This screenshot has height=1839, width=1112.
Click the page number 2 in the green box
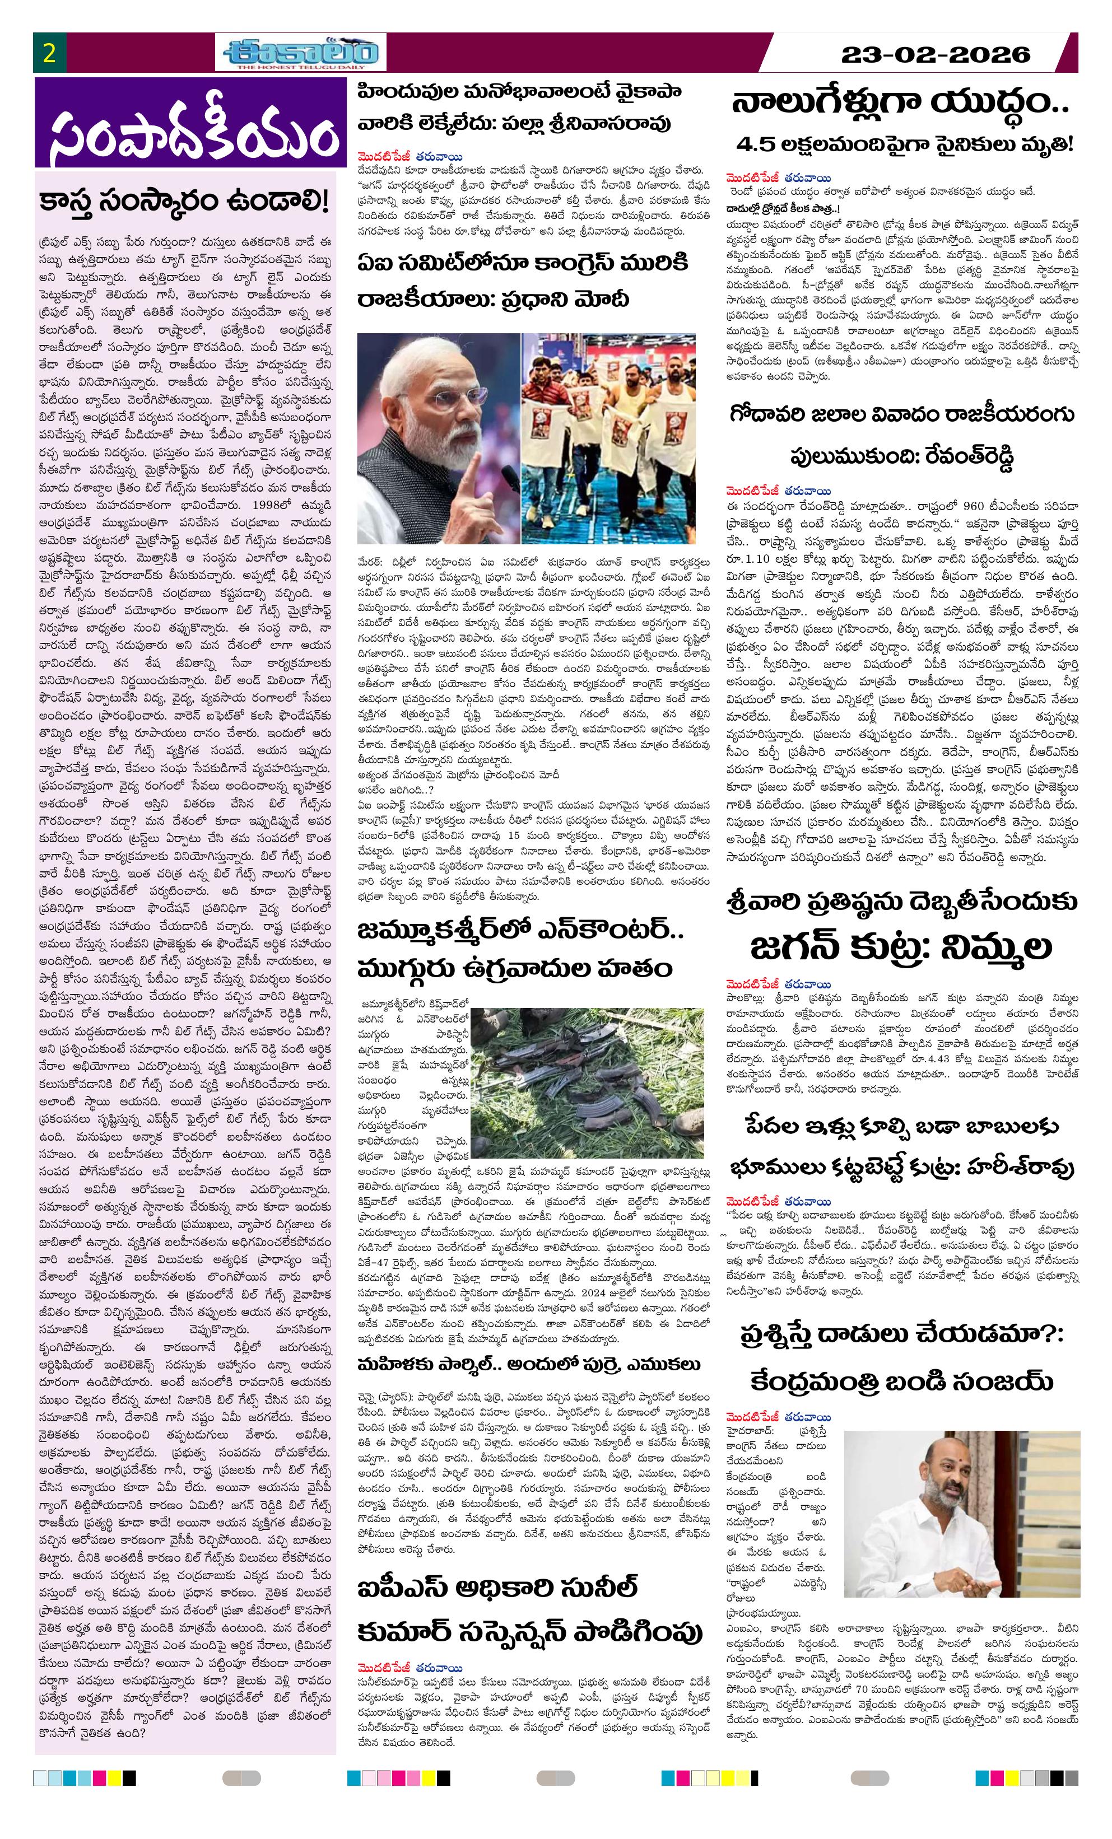click(49, 54)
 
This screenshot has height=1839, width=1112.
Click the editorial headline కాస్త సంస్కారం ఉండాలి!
click(184, 202)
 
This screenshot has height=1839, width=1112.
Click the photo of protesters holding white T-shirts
click(608, 438)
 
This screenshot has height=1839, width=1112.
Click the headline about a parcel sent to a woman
click(529, 1364)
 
